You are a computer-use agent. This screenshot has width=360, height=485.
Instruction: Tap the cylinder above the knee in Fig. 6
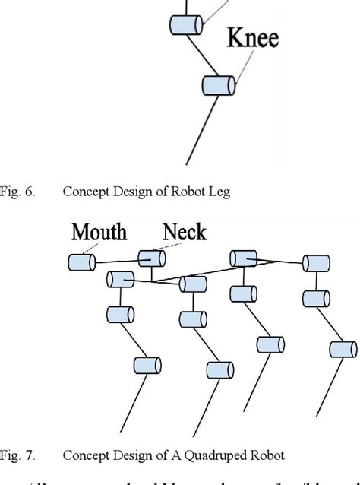click(x=185, y=24)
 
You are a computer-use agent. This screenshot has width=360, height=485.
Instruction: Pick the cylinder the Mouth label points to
click(x=81, y=263)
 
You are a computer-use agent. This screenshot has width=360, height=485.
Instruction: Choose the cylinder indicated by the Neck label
click(x=150, y=259)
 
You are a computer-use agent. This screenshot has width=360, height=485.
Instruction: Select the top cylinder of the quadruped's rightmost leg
click(x=315, y=264)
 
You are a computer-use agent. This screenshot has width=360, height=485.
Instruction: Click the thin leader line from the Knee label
click(x=242, y=68)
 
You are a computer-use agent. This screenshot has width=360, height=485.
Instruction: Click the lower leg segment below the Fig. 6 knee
click(x=202, y=129)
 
